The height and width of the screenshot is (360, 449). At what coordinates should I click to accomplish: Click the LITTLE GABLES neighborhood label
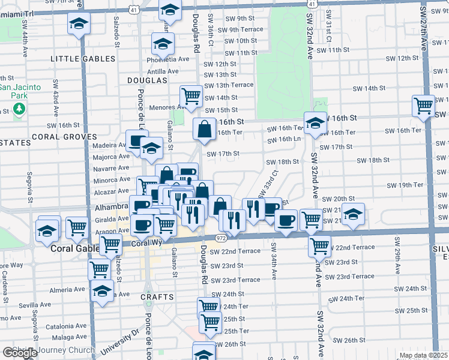point(83,59)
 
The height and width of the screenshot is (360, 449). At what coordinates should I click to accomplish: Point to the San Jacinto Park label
point(20,91)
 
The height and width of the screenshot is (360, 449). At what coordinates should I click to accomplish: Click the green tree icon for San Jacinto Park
point(20,109)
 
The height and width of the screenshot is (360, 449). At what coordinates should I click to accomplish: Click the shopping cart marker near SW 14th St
point(191,95)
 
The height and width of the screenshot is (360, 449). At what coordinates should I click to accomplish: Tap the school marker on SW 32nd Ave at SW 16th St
point(315,122)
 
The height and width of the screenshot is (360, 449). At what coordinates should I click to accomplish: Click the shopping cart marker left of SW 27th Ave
point(424,106)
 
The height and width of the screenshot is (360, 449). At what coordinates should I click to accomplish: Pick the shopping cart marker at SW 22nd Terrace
point(320,245)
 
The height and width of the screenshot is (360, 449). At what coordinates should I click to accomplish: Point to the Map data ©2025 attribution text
point(423,355)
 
